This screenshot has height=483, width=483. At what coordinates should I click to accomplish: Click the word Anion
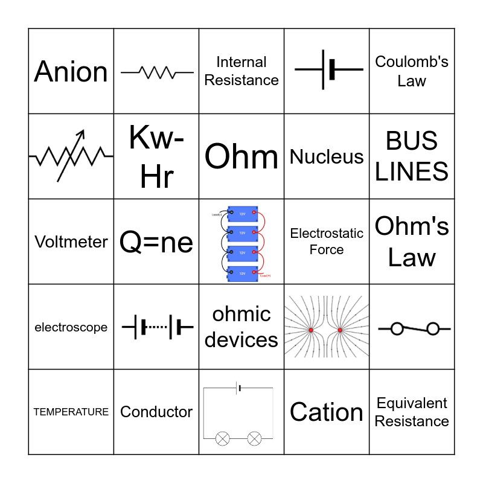tap(71, 71)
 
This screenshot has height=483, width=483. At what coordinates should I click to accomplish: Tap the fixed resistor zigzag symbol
tap(156, 72)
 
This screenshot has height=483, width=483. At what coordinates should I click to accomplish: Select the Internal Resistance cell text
tap(241, 71)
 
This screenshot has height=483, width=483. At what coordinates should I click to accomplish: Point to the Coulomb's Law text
tap(412, 71)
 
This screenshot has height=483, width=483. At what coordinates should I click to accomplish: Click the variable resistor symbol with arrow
tap(71, 156)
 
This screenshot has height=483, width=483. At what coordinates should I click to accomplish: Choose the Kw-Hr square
tap(156, 156)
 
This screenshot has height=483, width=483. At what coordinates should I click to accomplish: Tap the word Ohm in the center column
tap(241, 156)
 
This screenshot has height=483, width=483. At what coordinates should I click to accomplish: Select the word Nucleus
tap(327, 156)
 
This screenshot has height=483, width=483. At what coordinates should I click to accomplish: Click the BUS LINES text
tap(412, 156)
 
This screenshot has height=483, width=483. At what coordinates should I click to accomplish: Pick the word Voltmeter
tap(71, 241)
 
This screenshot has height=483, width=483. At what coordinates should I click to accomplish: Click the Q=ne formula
tap(156, 242)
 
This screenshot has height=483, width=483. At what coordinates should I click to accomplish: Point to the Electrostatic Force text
tap(327, 241)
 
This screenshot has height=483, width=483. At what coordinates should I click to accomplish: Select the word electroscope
tap(71, 327)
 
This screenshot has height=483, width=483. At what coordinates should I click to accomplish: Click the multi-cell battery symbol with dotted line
tap(156, 327)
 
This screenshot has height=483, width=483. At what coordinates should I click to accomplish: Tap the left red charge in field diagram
tap(311, 330)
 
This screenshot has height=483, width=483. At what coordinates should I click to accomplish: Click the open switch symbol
tap(414, 328)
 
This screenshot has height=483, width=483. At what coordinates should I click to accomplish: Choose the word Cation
tap(327, 412)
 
